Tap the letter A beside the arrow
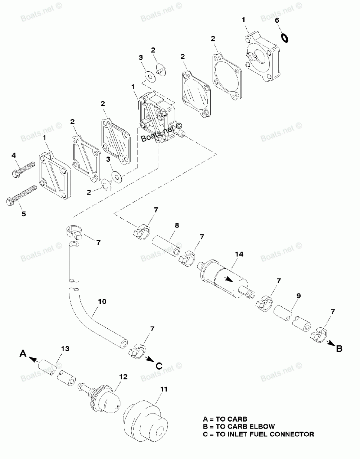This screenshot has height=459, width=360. coord(23,354)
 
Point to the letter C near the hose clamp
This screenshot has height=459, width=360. coord(158,365)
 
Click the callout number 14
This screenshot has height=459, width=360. coord(239,254)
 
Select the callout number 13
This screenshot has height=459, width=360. coord(65,348)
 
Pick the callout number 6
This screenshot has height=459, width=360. coord(277,20)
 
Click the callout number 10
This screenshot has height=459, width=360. coord(102,301)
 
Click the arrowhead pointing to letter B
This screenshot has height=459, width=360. coord(329,344)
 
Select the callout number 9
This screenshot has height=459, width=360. coord(298,296)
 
